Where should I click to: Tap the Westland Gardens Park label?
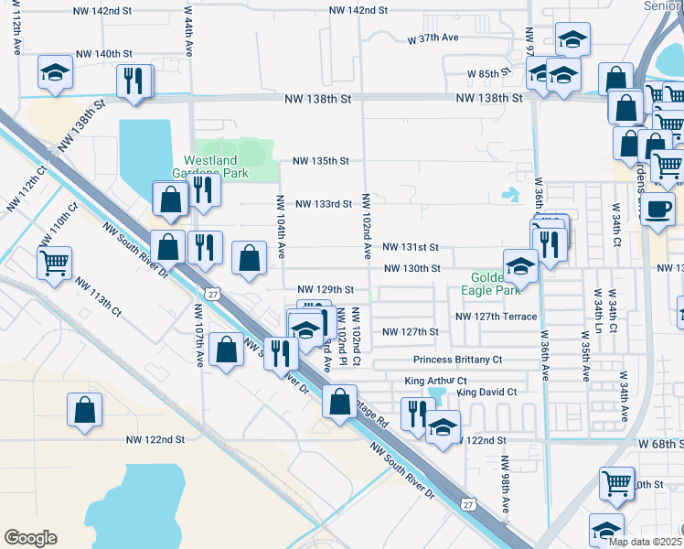[210, 165]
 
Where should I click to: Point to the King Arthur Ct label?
[437, 380]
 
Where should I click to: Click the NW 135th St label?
[321, 161]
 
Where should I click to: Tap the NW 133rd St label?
[323, 204]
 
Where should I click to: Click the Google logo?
[30, 537]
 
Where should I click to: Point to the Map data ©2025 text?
[646, 542]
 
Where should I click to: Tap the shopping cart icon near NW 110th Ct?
[54, 264]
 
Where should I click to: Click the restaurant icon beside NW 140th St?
[134, 81]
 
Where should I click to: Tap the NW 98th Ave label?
[505, 492]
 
